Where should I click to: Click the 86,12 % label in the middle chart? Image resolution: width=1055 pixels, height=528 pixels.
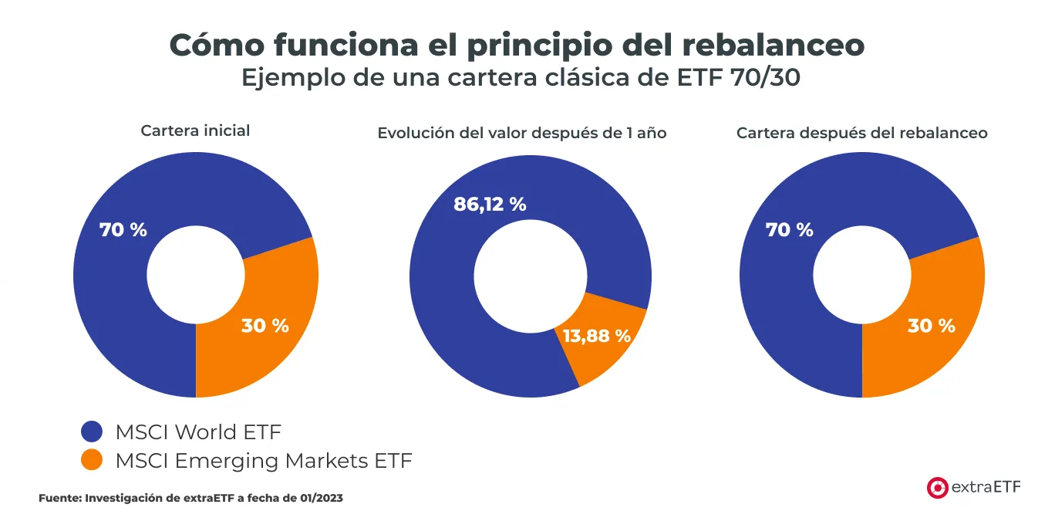click(x=490, y=205)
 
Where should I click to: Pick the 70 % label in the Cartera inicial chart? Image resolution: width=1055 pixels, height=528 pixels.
click(x=123, y=229)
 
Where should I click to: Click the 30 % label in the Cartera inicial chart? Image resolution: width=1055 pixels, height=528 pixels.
click(x=265, y=326)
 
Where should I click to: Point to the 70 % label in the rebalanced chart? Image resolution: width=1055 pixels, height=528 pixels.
click(x=789, y=229)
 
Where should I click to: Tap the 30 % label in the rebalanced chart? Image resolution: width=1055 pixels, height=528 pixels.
click(x=931, y=326)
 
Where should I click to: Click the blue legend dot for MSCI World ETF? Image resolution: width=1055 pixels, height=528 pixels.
click(x=92, y=432)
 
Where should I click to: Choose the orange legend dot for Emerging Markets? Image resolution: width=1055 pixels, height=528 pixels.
click(x=92, y=461)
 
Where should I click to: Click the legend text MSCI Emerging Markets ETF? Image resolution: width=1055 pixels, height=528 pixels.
click(x=264, y=461)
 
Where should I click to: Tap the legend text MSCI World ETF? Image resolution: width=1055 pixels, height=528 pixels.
click(x=198, y=432)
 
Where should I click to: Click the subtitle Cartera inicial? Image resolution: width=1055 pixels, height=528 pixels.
click(x=195, y=130)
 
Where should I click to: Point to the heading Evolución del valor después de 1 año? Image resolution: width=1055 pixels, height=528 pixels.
click(x=521, y=133)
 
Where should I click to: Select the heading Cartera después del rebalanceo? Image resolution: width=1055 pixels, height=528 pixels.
click(x=861, y=133)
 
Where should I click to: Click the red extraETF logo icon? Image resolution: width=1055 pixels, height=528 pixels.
click(x=937, y=487)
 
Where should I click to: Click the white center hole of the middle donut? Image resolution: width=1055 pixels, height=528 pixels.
click(x=529, y=276)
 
